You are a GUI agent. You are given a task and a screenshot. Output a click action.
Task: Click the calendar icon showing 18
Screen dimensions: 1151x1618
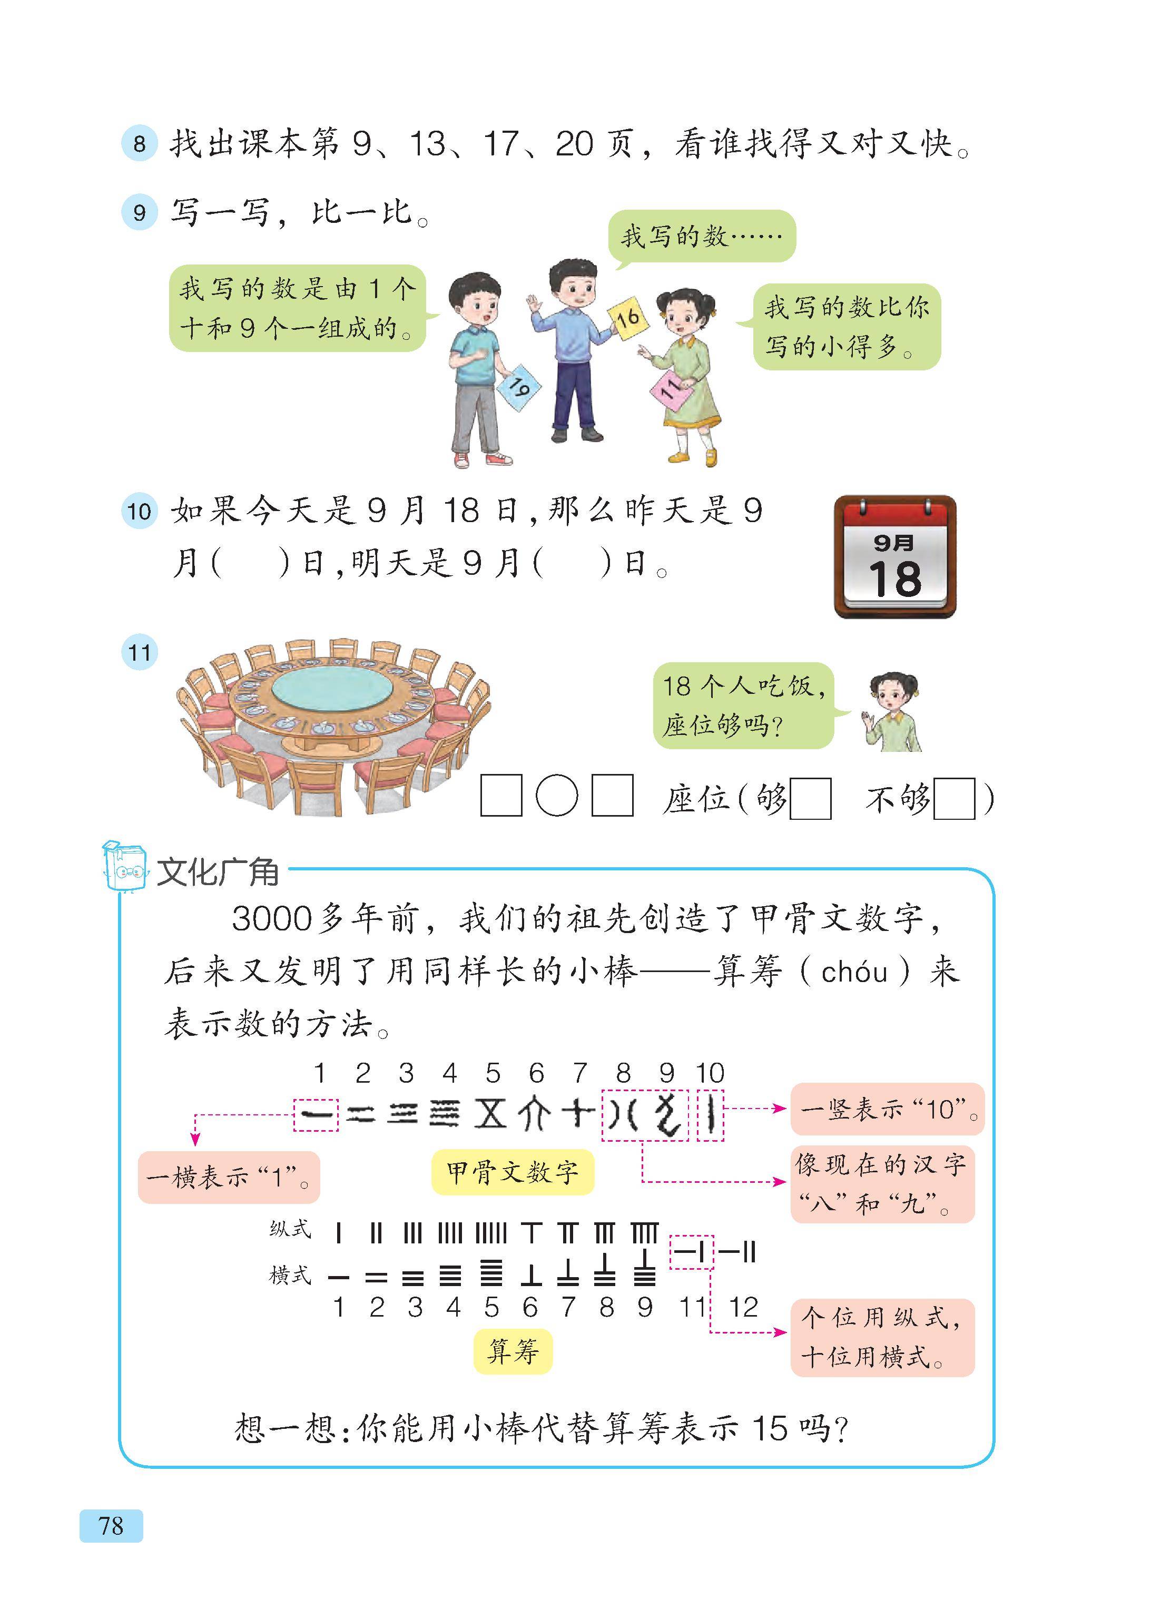pos(895,556)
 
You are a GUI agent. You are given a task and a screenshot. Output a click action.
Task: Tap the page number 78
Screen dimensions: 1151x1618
pos(111,1525)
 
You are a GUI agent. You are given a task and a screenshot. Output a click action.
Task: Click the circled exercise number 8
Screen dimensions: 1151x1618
pos(139,144)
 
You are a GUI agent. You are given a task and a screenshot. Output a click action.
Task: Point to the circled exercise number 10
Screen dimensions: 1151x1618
pos(139,511)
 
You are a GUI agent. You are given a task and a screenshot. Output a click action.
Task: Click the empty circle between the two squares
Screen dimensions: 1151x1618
pos(557,797)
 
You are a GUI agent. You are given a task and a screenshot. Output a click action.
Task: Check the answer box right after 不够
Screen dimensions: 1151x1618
pos(955,799)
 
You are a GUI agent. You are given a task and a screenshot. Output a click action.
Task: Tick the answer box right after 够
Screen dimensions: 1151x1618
pos(810,799)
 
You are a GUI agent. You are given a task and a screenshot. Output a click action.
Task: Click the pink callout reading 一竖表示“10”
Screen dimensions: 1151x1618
pos(887,1109)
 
